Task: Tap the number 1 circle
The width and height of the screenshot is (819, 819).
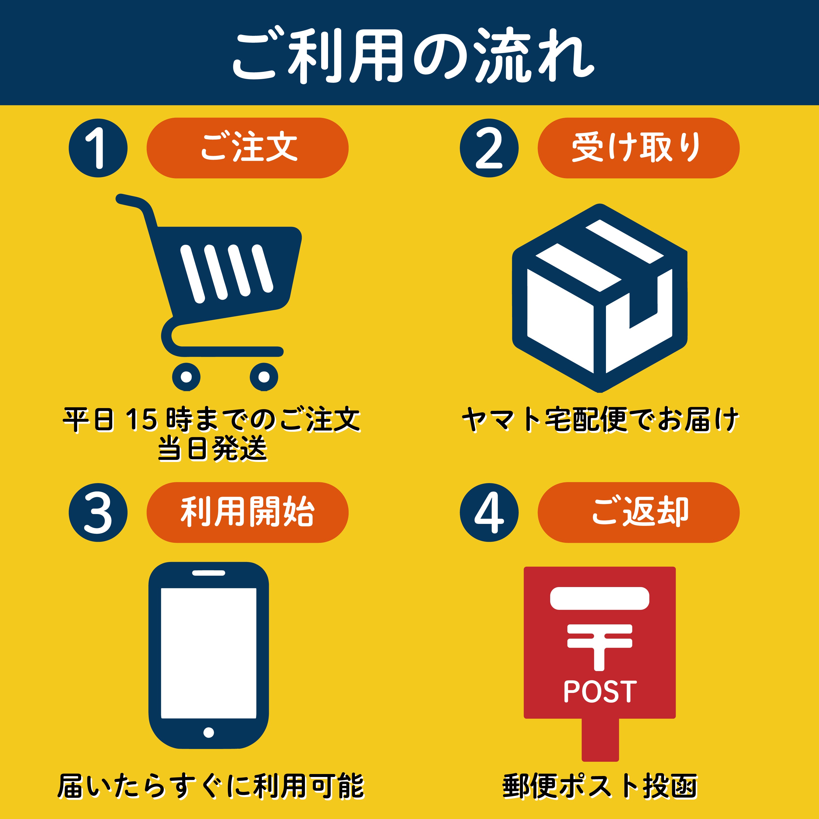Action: (98, 148)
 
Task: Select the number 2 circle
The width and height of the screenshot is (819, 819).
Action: (489, 148)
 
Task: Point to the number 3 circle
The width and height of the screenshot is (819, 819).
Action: (98, 513)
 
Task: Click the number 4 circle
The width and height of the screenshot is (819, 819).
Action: (489, 513)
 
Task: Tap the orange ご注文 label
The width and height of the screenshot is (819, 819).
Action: (247, 148)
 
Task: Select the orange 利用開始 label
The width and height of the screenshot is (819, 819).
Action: (247, 513)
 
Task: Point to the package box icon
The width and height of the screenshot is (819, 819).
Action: (599, 298)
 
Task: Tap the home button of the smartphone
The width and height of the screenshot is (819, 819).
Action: (209, 732)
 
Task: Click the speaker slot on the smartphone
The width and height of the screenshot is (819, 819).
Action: (209, 573)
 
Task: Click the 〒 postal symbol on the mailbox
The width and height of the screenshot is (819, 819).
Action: (599, 647)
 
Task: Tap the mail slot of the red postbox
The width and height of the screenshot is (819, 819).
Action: (599, 598)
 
